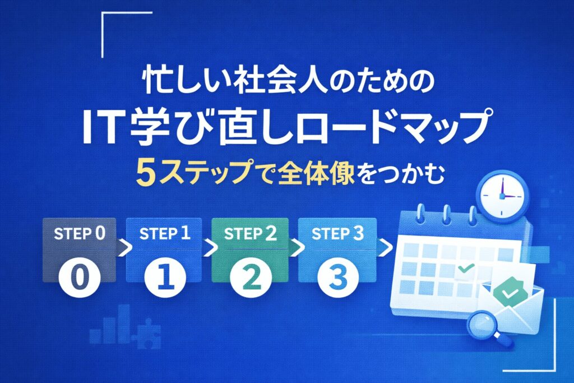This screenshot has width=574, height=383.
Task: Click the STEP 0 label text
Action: tap(80, 234)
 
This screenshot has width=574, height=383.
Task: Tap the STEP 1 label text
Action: tap(165, 234)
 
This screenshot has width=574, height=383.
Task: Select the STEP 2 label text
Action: tap(251, 234)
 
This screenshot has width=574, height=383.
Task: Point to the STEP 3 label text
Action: tap(337, 234)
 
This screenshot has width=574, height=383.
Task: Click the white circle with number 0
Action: tap(79, 277)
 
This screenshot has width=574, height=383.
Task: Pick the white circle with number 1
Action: tap(165, 277)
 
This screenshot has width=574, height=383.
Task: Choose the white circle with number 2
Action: tap(251, 277)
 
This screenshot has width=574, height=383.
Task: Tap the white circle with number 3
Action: tap(338, 277)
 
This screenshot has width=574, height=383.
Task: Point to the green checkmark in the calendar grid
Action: tap(464, 269)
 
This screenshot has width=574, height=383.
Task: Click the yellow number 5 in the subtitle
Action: tap(145, 172)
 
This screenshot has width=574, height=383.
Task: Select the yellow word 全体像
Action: tap(316, 172)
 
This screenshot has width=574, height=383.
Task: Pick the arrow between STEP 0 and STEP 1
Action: tap(124, 248)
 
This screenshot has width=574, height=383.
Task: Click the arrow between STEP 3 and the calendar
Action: tap(385, 248)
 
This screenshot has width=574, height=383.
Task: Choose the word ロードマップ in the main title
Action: tap(391, 126)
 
